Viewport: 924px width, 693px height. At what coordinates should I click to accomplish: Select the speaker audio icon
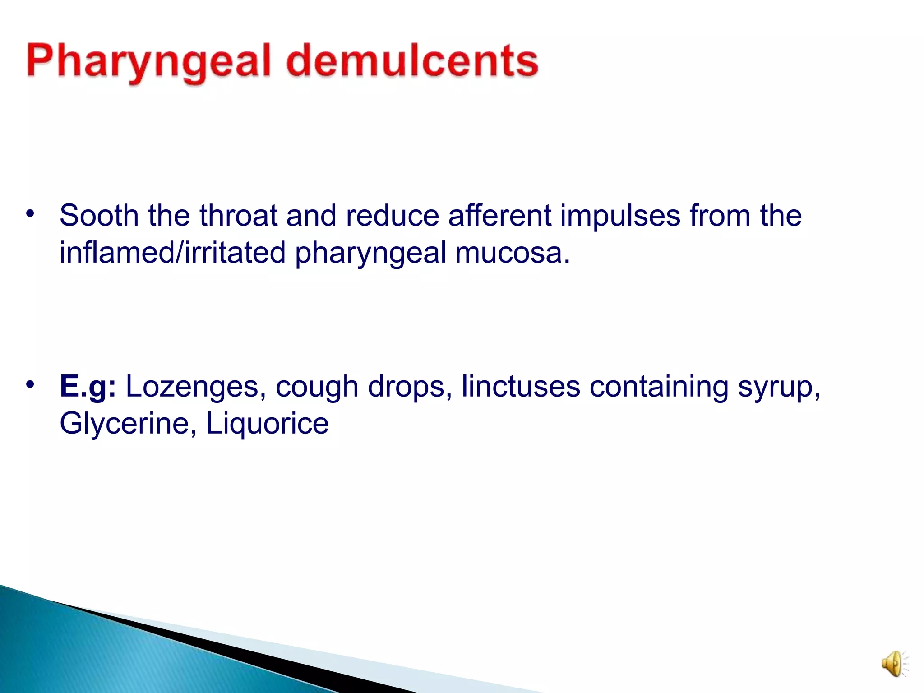click(893, 664)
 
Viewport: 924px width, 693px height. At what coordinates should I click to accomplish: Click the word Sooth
click(99, 215)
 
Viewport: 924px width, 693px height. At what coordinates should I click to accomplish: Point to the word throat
click(238, 215)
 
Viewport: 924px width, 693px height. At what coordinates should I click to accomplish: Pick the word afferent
click(499, 215)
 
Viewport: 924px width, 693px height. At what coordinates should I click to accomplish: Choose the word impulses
click(620, 216)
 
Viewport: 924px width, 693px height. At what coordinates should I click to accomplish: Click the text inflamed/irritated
click(172, 253)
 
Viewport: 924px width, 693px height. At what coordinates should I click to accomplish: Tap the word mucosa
click(513, 253)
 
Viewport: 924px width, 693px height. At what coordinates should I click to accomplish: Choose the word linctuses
click(521, 387)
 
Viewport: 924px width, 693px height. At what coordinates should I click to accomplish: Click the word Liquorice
click(267, 424)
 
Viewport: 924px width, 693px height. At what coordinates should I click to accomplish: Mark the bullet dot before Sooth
click(30, 213)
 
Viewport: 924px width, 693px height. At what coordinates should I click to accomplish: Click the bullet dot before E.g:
click(30, 385)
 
